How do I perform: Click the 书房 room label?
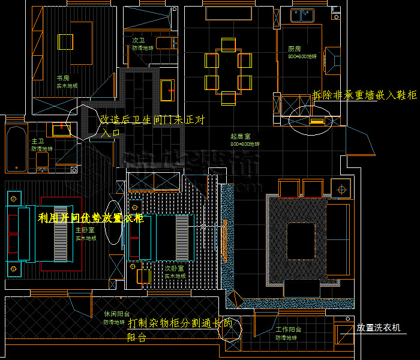click(63, 78)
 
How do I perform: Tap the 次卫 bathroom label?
click(138, 41)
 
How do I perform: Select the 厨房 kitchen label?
click(294, 49)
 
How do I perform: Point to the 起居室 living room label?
click(240, 137)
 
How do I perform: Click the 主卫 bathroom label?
click(37, 141)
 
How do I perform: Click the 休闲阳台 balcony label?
click(113, 314)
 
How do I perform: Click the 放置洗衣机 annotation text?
click(381, 328)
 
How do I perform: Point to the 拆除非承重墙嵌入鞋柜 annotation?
click(364, 95)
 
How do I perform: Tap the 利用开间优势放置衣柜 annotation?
click(90, 218)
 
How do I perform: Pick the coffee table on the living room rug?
click(302, 233)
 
